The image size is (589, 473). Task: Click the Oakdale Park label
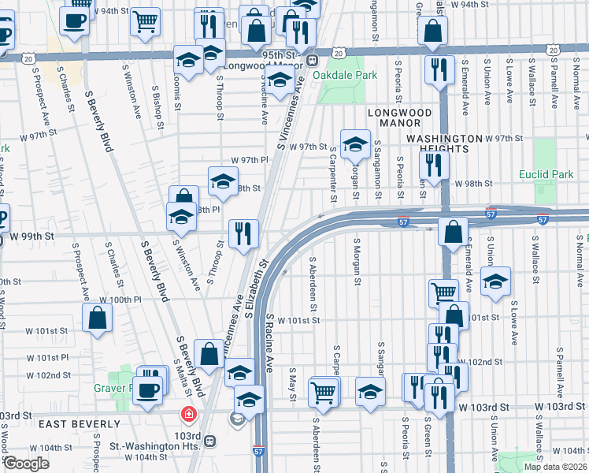[x=345, y=76]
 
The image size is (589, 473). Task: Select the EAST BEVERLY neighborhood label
[x=74, y=424]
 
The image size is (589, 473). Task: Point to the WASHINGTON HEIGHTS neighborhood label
[x=443, y=138]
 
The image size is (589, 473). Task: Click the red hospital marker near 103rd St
[x=188, y=414]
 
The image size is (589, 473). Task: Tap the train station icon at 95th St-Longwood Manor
[x=313, y=60]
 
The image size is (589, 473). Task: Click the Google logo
[x=26, y=464]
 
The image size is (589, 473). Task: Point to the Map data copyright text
[x=555, y=467]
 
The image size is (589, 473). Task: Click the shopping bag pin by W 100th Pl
[x=97, y=318]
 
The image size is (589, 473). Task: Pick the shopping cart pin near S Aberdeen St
[x=324, y=392]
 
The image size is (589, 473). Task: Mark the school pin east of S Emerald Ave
[x=495, y=281]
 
